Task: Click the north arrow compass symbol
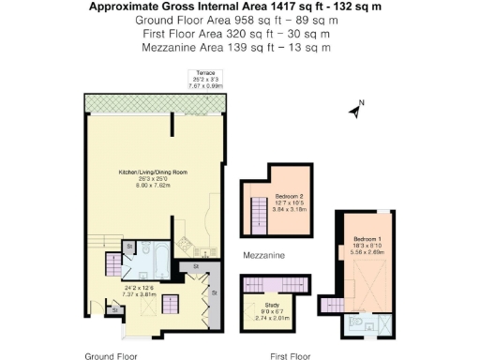pyautogui.click(x=356, y=111)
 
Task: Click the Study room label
pyautogui.click(x=272, y=305)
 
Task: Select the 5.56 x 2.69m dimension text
pyautogui.click(x=362, y=252)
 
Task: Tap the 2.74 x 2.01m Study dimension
pyautogui.click(x=272, y=318)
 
